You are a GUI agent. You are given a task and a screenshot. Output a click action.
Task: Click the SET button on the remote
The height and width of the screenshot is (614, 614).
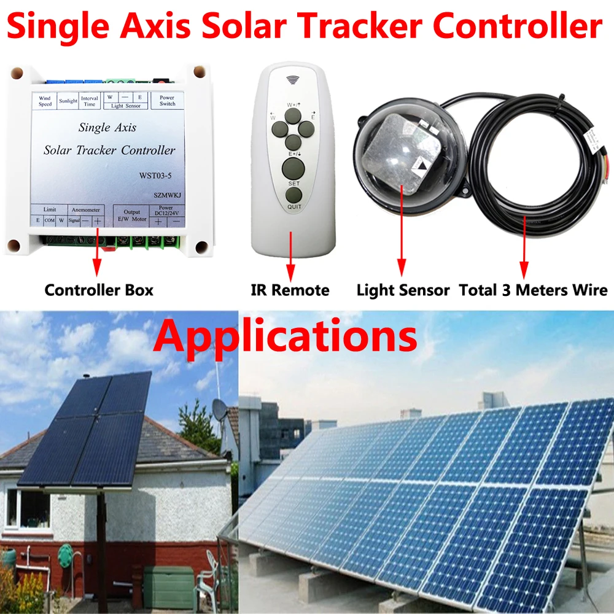coord(293,168)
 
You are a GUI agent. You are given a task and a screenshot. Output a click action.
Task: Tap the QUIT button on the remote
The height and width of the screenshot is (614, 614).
coord(293,195)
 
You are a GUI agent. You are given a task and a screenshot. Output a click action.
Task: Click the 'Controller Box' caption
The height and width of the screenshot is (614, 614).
coord(99,290)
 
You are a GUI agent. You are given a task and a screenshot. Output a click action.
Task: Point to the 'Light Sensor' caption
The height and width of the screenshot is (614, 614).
coord(403,290)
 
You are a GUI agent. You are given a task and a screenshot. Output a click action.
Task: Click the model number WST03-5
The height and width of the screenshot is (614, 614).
coord(156,175)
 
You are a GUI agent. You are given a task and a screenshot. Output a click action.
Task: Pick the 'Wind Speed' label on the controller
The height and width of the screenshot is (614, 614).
coord(45,101)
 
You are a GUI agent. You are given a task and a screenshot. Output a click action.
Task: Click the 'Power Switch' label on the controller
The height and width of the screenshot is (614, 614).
coord(166,101)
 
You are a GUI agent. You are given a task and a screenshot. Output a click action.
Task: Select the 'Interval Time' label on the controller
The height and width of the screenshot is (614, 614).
coord(90,101)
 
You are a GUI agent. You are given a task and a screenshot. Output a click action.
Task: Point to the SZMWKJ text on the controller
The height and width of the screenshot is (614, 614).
coord(160,193)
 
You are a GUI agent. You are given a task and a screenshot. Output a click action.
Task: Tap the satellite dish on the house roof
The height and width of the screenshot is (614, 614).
coord(219,408)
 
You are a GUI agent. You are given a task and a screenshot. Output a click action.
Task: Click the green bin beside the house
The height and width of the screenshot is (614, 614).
coord(169,586)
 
